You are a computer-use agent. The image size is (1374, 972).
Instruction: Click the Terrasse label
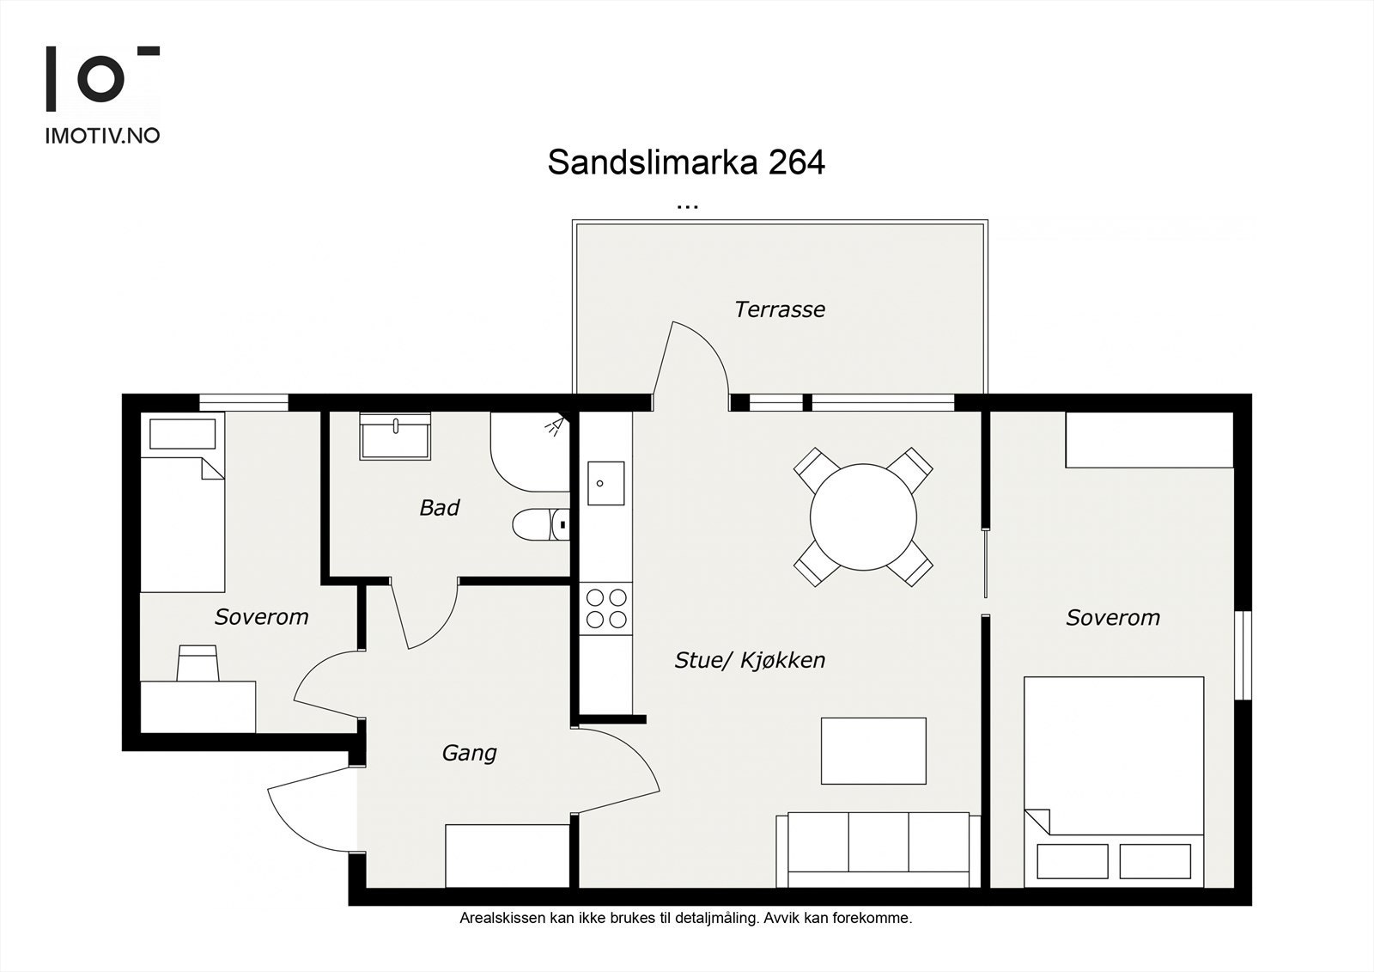(779, 309)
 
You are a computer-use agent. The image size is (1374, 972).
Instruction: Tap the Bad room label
(439, 508)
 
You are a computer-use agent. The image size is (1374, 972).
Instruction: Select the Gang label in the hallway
(469, 753)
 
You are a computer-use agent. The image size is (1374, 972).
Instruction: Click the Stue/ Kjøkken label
(750, 660)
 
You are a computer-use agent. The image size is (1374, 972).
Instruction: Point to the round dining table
(863, 517)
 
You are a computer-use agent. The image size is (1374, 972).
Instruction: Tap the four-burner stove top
(605, 608)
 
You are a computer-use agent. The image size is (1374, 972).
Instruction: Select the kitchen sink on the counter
(605, 483)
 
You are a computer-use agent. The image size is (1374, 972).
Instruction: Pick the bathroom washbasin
(395, 437)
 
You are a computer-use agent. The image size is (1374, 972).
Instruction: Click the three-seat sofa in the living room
(878, 849)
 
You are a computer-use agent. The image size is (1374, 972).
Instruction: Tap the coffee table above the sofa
(873, 750)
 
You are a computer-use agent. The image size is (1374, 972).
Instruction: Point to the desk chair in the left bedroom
(198, 664)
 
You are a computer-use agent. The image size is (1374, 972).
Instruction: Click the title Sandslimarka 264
(686, 162)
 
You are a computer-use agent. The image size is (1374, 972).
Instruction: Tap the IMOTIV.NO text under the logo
(102, 136)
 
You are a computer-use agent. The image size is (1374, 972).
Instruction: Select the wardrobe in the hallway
(508, 856)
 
